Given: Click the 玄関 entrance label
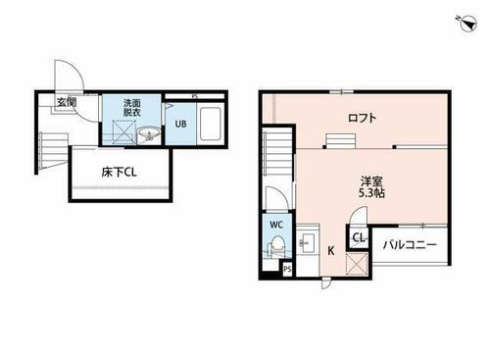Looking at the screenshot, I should [x=67, y=102].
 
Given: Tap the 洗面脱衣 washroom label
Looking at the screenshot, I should [x=131, y=108].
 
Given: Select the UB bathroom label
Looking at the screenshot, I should [x=181, y=124].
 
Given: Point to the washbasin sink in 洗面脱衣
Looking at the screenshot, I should [x=150, y=135].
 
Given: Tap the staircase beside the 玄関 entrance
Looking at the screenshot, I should [x=50, y=148].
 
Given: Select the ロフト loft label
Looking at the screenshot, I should [x=363, y=119].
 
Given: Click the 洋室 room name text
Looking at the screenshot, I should [x=370, y=179].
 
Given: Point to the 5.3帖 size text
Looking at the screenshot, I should [x=370, y=193].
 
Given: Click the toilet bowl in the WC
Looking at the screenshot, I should [x=275, y=247].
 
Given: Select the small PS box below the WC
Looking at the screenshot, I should [x=286, y=268].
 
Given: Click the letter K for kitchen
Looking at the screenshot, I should [x=331, y=250].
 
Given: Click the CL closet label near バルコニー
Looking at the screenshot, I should [x=359, y=237].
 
